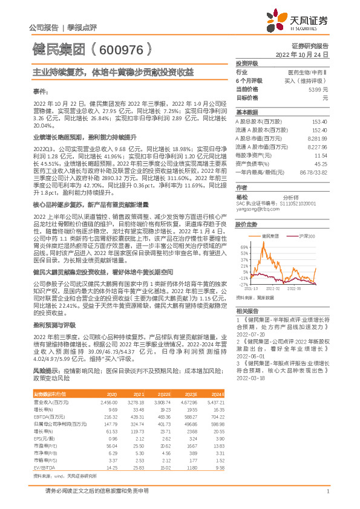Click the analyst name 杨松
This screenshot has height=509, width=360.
coord(241,196)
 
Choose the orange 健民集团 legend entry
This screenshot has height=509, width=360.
coord(269,236)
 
